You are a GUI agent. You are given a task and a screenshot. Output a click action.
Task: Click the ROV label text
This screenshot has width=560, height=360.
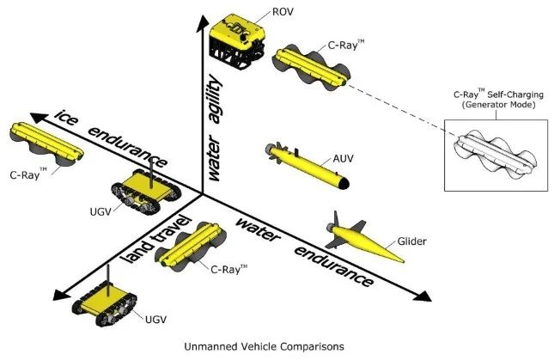click(x=283, y=12)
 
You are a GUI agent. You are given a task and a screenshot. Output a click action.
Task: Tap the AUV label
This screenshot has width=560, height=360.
click(x=343, y=158)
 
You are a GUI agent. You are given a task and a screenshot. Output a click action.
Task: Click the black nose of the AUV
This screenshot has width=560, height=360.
click(x=344, y=183)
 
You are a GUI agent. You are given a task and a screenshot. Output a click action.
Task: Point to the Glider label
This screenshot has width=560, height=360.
click(x=411, y=241)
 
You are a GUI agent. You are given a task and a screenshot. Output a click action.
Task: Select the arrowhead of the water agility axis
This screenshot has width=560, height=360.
click(x=203, y=22)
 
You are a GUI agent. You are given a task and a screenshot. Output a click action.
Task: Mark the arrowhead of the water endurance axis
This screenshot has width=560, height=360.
click(x=423, y=296)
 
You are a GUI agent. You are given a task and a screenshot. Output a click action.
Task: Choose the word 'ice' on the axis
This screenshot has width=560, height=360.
click(x=66, y=118)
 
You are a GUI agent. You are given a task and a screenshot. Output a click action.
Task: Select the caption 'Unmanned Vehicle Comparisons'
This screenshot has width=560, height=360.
click(x=265, y=346)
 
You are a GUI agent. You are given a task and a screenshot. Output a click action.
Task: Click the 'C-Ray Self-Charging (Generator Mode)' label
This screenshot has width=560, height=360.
click(x=498, y=100)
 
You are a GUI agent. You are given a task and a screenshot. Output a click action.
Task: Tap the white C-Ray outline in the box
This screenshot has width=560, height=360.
click(x=495, y=156)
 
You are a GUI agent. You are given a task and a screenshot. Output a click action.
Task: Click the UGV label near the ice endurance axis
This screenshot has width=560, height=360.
click(x=100, y=211)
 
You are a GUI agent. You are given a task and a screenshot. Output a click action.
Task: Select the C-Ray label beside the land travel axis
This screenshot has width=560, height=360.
click(x=228, y=269)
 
